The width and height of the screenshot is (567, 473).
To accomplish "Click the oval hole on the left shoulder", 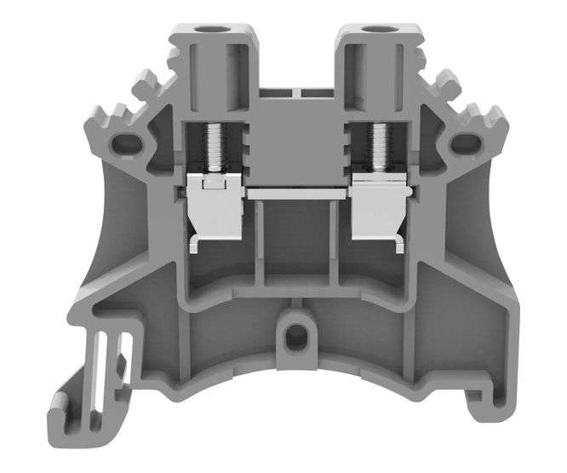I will coord(129,140).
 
